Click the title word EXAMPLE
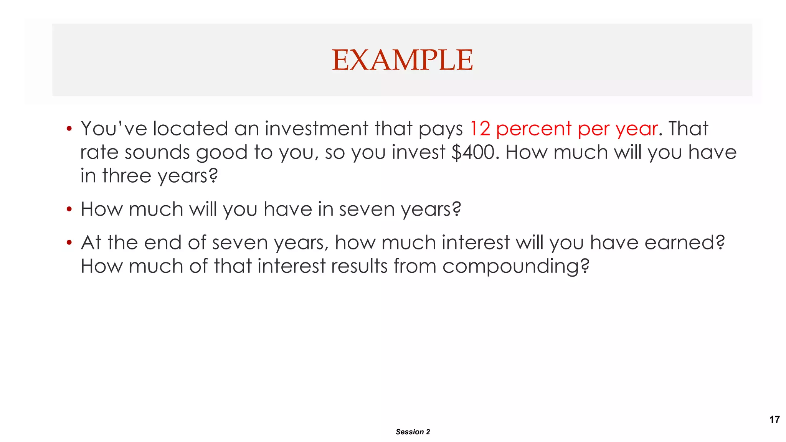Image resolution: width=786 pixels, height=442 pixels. (x=402, y=60)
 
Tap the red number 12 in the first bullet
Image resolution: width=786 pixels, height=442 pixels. (x=480, y=129)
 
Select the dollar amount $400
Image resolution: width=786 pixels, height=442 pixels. (x=473, y=152)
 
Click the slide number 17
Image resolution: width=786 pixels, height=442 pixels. (x=774, y=419)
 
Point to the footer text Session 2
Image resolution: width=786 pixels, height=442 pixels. (x=413, y=432)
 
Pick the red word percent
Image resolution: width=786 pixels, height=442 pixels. (x=533, y=129)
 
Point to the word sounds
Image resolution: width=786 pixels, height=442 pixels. (x=157, y=152)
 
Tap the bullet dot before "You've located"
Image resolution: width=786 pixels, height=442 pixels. (x=69, y=129)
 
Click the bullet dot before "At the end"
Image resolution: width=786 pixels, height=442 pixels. (x=69, y=242)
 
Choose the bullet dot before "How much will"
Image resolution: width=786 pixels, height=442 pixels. (x=69, y=209)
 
